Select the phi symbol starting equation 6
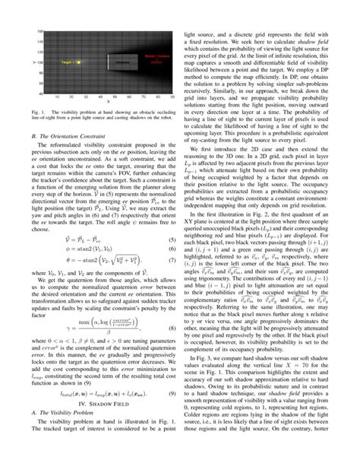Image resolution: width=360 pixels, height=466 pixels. [x=83, y=252]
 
